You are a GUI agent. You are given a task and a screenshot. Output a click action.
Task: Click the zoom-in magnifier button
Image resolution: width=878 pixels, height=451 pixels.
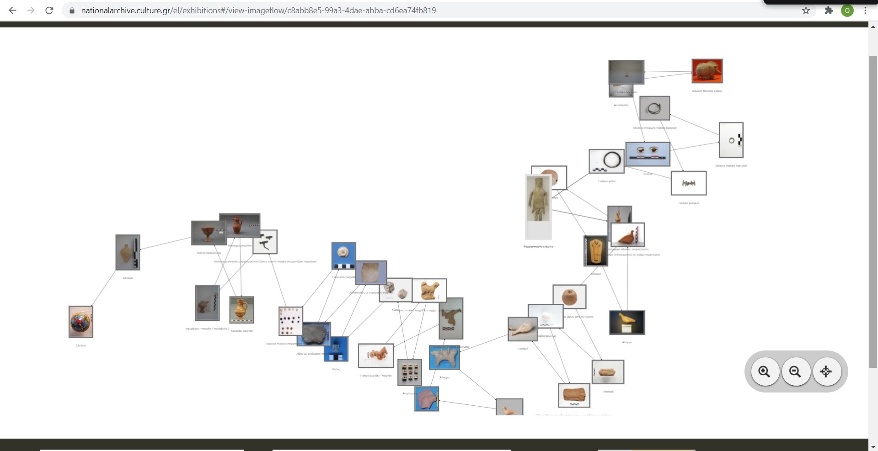point(765,371)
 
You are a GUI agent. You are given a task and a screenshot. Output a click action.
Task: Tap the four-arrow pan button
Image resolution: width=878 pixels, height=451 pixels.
point(826,371)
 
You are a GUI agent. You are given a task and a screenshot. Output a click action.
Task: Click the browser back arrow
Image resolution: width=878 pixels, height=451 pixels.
point(12,10)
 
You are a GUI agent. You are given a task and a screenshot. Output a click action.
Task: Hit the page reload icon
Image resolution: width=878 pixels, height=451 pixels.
point(49,10)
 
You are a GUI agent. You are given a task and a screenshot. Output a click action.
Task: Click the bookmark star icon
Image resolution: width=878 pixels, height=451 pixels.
point(806,10)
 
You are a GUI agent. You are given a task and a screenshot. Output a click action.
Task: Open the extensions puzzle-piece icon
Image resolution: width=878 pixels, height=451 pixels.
point(829,10)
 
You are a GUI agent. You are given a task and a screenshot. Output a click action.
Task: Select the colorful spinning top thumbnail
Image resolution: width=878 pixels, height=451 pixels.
point(81,322)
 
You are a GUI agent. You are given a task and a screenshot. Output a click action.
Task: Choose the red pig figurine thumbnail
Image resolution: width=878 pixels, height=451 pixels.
point(707,71)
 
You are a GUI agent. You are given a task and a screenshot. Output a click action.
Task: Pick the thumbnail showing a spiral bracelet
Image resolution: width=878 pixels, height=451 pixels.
point(654,108)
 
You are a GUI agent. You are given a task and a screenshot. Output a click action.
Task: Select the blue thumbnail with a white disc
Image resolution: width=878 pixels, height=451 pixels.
point(343,255)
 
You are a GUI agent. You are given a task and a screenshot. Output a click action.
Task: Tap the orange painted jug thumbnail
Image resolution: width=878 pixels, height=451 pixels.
point(241,310)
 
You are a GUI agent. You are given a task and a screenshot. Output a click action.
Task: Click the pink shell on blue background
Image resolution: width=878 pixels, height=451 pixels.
point(427,398)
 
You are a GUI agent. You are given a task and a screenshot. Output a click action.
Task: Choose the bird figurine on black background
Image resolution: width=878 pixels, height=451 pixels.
point(627,322)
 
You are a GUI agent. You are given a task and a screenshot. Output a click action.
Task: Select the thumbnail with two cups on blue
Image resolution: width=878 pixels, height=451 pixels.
point(648,154)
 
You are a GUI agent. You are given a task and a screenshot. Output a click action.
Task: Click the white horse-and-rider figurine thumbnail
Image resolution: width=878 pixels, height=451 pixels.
point(376,355)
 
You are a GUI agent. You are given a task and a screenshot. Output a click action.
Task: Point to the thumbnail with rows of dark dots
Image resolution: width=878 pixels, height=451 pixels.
point(290,320)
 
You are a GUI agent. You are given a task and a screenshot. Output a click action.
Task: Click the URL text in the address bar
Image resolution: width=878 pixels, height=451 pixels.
point(258,10)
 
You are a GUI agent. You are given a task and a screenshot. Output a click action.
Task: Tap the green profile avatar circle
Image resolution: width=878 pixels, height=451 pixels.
point(847,10)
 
